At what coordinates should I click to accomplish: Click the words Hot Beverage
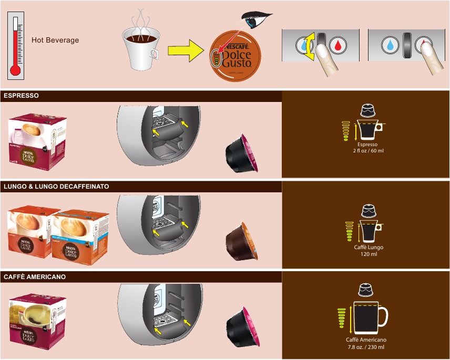click(x=55, y=40)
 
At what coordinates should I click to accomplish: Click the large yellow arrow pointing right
click(x=185, y=52)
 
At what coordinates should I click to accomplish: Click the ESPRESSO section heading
click(x=21, y=96)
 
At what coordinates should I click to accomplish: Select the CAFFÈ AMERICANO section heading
click(x=35, y=276)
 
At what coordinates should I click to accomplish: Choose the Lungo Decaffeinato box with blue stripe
click(x=81, y=235)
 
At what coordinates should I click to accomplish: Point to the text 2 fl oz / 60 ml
click(x=367, y=151)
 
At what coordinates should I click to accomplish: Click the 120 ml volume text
click(x=367, y=254)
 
